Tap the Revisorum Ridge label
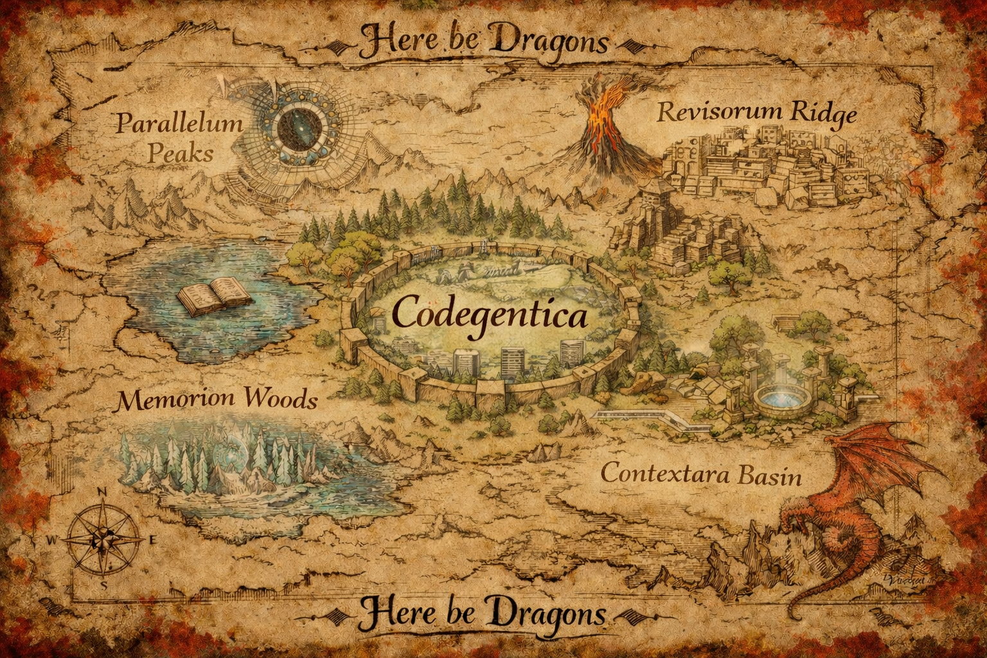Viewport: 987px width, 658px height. (x=756, y=112)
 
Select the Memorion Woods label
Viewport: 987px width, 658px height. (x=217, y=400)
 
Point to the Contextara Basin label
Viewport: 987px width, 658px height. (x=701, y=475)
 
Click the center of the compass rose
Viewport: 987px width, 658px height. (x=103, y=539)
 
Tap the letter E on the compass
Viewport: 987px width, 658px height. (x=152, y=540)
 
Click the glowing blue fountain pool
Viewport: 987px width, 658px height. (x=777, y=398)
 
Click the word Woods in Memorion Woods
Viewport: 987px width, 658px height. (x=280, y=400)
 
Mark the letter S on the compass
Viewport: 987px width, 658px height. (x=103, y=586)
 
